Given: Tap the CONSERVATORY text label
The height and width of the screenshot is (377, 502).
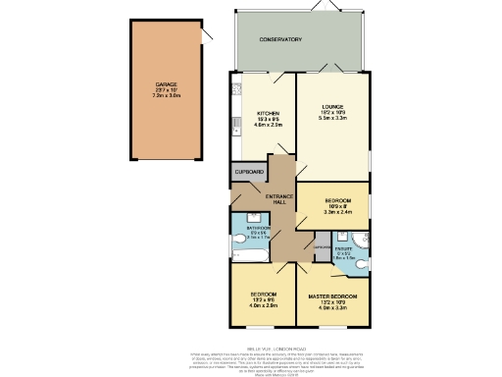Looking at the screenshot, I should click(280, 39).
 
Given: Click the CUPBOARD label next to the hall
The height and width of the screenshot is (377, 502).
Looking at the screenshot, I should click(250, 172).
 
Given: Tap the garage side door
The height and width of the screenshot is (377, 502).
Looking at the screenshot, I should click(206, 35).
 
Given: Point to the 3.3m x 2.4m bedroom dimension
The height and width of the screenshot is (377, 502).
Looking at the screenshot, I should click(337, 211).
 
